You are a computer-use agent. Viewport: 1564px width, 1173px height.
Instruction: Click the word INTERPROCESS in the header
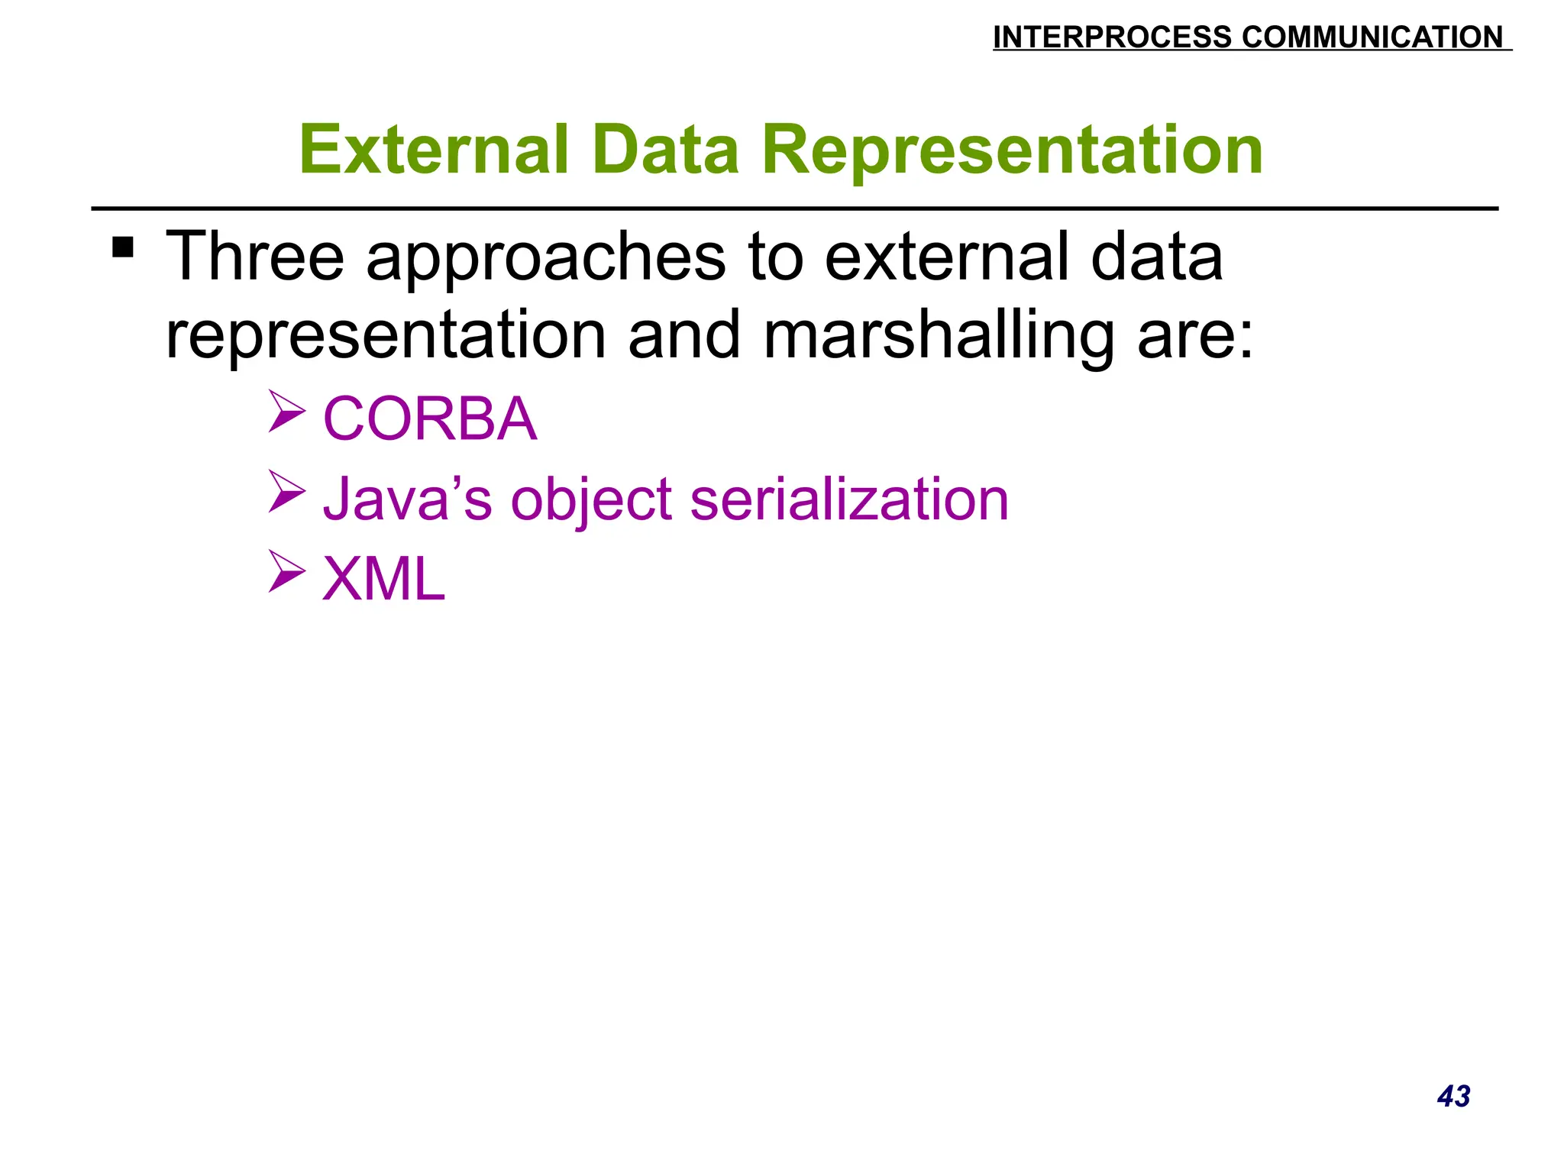(x=1112, y=37)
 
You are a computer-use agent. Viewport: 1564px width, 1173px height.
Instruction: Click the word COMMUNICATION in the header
(x=1372, y=37)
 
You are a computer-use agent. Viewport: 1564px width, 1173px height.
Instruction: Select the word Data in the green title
(x=665, y=150)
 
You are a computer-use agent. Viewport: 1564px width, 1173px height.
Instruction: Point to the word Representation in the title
(x=1012, y=150)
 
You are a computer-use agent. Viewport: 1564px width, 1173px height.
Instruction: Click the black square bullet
(x=123, y=247)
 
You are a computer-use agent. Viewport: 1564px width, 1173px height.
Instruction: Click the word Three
(x=255, y=257)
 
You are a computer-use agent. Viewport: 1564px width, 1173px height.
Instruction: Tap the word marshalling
(x=939, y=336)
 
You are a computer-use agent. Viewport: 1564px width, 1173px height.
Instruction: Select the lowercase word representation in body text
(x=386, y=336)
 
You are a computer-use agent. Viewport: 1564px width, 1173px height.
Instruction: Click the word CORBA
(x=430, y=418)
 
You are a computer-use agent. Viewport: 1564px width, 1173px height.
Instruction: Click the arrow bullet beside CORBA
(x=286, y=411)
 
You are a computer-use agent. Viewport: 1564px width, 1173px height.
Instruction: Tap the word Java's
(x=407, y=499)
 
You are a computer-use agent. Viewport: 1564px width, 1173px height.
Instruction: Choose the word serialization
(x=849, y=499)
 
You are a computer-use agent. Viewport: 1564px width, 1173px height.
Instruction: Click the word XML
(x=383, y=579)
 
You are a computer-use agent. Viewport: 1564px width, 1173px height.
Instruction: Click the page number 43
(x=1453, y=1096)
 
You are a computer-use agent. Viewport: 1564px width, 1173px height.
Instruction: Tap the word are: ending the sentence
(x=1195, y=336)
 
